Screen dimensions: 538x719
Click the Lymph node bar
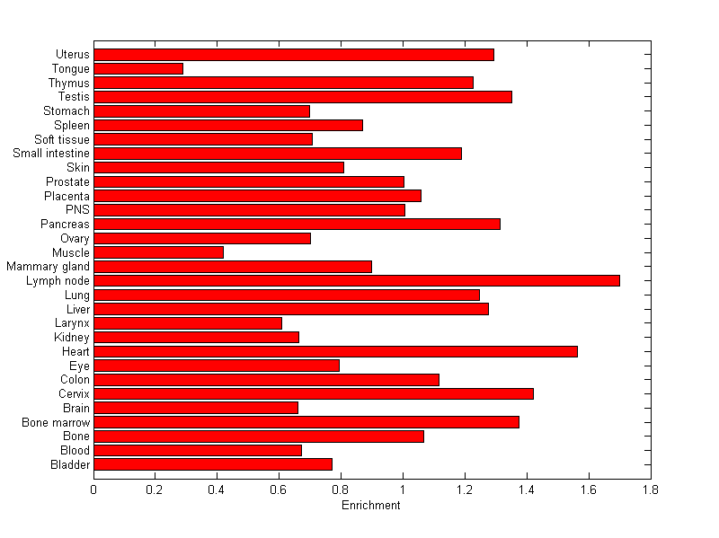click(x=357, y=280)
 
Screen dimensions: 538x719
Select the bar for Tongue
click(x=138, y=68)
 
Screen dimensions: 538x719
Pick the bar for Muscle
click(x=158, y=252)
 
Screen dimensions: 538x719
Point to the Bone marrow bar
click(x=306, y=422)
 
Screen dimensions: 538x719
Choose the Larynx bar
click(x=188, y=323)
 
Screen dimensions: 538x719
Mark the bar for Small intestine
click(x=278, y=154)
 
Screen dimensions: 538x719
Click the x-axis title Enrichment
click(x=371, y=506)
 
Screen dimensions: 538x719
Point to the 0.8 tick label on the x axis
click(x=341, y=490)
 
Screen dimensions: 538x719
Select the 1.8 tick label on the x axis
click(x=650, y=490)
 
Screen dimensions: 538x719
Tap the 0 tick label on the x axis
click(x=93, y=490)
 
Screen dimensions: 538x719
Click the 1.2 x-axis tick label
click(x=465, y=490)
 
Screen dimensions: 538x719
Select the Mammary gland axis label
click(x=48, y=267)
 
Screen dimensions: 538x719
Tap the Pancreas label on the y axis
click(x=65, y=224)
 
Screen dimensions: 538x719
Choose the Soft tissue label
click(x=61, y=139)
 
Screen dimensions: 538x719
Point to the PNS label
click(x=78, y=210)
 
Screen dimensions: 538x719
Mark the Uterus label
click(x=72, y=55)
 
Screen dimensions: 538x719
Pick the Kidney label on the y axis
click(x=72, y=337)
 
